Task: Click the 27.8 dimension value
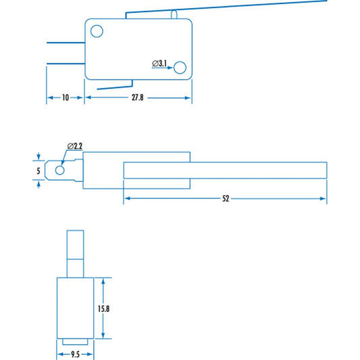tap(138, 98)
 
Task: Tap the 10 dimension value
tap(65, 98)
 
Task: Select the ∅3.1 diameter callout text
tap(160, 63)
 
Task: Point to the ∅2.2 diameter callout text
tap(75, 147)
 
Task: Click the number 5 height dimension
tap(38, 171)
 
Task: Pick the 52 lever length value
tap(226, 199)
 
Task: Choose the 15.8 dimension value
tap(103, 309)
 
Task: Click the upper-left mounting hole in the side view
tap(97, 30)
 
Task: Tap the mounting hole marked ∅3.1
tap(180, 67)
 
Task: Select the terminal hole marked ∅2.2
tap(60, 171)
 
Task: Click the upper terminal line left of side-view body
tap(65, 44)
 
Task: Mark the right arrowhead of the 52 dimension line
tap(324, 199)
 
